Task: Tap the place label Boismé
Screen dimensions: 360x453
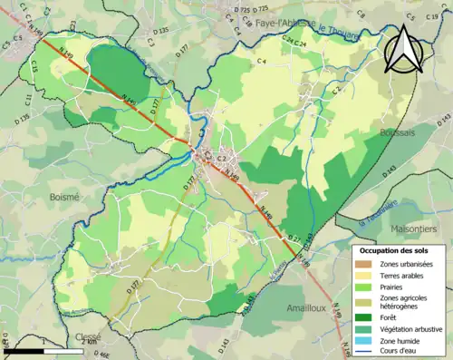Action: (x=64, y=195)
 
